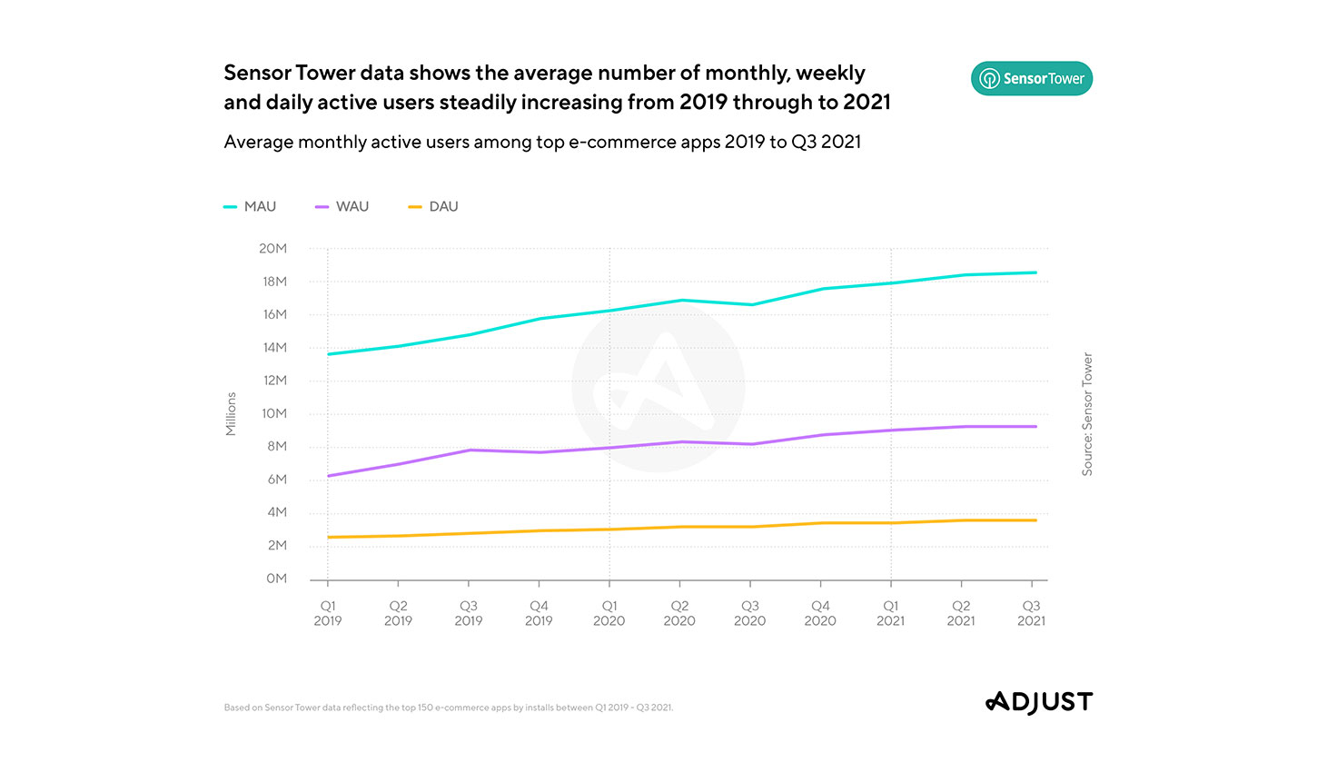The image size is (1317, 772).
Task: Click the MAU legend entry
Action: pos(251,207)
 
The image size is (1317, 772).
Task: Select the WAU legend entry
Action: pos(342,207)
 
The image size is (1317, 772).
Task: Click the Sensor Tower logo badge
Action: pos(1032,79)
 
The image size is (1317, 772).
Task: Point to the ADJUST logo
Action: pos(1039,702)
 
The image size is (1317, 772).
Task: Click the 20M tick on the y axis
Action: pos(272,249)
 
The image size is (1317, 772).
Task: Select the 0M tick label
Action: pos(276,579)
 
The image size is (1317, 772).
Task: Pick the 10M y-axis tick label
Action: pos(273,414)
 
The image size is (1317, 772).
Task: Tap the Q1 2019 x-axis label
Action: pos(328,613)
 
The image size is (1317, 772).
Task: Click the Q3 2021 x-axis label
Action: pos(1031,613)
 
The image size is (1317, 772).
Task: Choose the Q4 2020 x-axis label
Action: pos(820,613)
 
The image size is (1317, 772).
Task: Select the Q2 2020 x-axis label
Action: pos(679,613)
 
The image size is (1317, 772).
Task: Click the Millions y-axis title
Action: pos(231,414)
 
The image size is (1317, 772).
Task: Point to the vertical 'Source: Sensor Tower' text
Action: pos(1087,414)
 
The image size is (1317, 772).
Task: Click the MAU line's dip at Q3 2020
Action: pos(751,304)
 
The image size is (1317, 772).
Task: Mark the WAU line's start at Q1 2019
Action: pos(328,475)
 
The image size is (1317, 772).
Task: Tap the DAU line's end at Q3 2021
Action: pos(1035,520)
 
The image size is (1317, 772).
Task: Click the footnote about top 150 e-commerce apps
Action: pos(449,708)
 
